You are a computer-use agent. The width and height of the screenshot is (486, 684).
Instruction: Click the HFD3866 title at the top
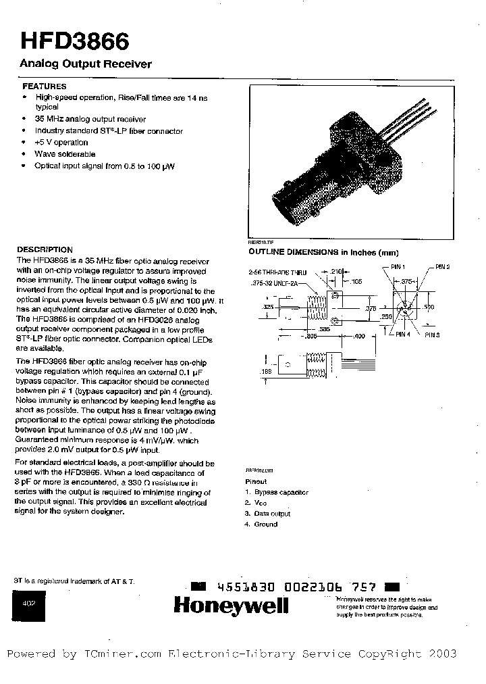[70, 42]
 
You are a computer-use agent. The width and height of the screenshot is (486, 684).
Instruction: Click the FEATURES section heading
[45, 87]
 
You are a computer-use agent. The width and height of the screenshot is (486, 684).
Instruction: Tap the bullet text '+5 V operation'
[61, 143]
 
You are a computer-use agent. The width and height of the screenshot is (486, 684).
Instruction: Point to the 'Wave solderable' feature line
[65, 154]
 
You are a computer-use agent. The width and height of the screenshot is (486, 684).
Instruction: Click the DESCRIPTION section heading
[45, 249]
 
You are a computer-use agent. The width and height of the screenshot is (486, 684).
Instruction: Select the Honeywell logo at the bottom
[231, 606]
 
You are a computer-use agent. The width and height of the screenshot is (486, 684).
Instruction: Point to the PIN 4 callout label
[403, 334]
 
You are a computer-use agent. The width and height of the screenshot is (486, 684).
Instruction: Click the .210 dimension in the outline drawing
[336, 270]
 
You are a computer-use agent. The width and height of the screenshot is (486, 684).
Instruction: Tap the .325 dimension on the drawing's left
[267, 306]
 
